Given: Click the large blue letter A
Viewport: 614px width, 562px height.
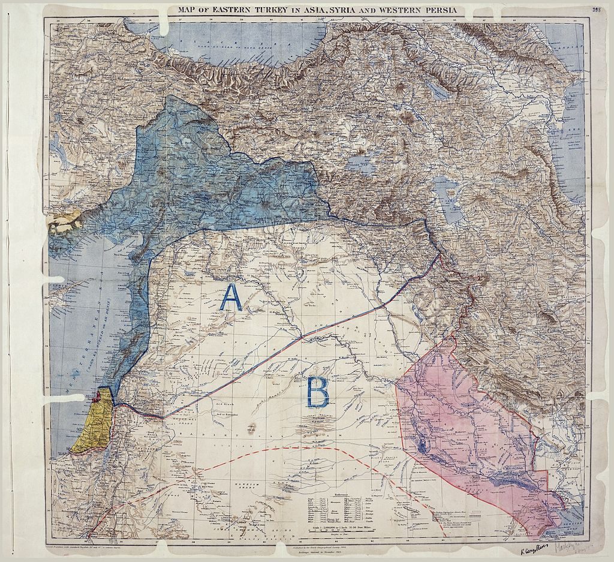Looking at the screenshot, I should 231,297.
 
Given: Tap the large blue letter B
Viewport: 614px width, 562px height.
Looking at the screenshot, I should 317,393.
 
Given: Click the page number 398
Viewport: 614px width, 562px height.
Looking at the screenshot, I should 596,10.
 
